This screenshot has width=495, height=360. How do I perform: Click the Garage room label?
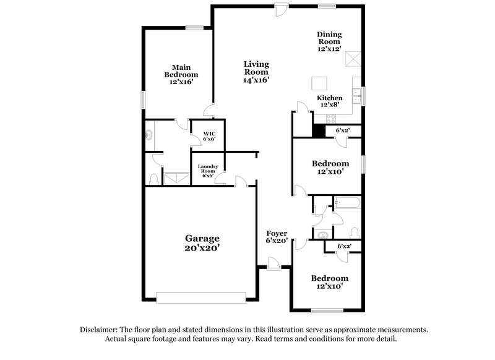click(203, 242)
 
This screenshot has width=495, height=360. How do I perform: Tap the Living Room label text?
click(256, 72)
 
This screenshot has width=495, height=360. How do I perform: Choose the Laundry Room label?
click(207, 171)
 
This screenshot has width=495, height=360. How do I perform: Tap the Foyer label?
click(277, 237)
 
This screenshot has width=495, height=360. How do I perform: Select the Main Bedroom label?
click(181, 75)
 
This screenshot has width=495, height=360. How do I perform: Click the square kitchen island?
click(319, 83)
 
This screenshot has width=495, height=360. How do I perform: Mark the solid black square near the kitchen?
click(319, 131)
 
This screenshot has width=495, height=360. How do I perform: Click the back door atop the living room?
click(281, 9)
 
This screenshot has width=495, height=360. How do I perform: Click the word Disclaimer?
click(101, 330)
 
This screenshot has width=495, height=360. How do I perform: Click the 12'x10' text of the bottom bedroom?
click(329, 286)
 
